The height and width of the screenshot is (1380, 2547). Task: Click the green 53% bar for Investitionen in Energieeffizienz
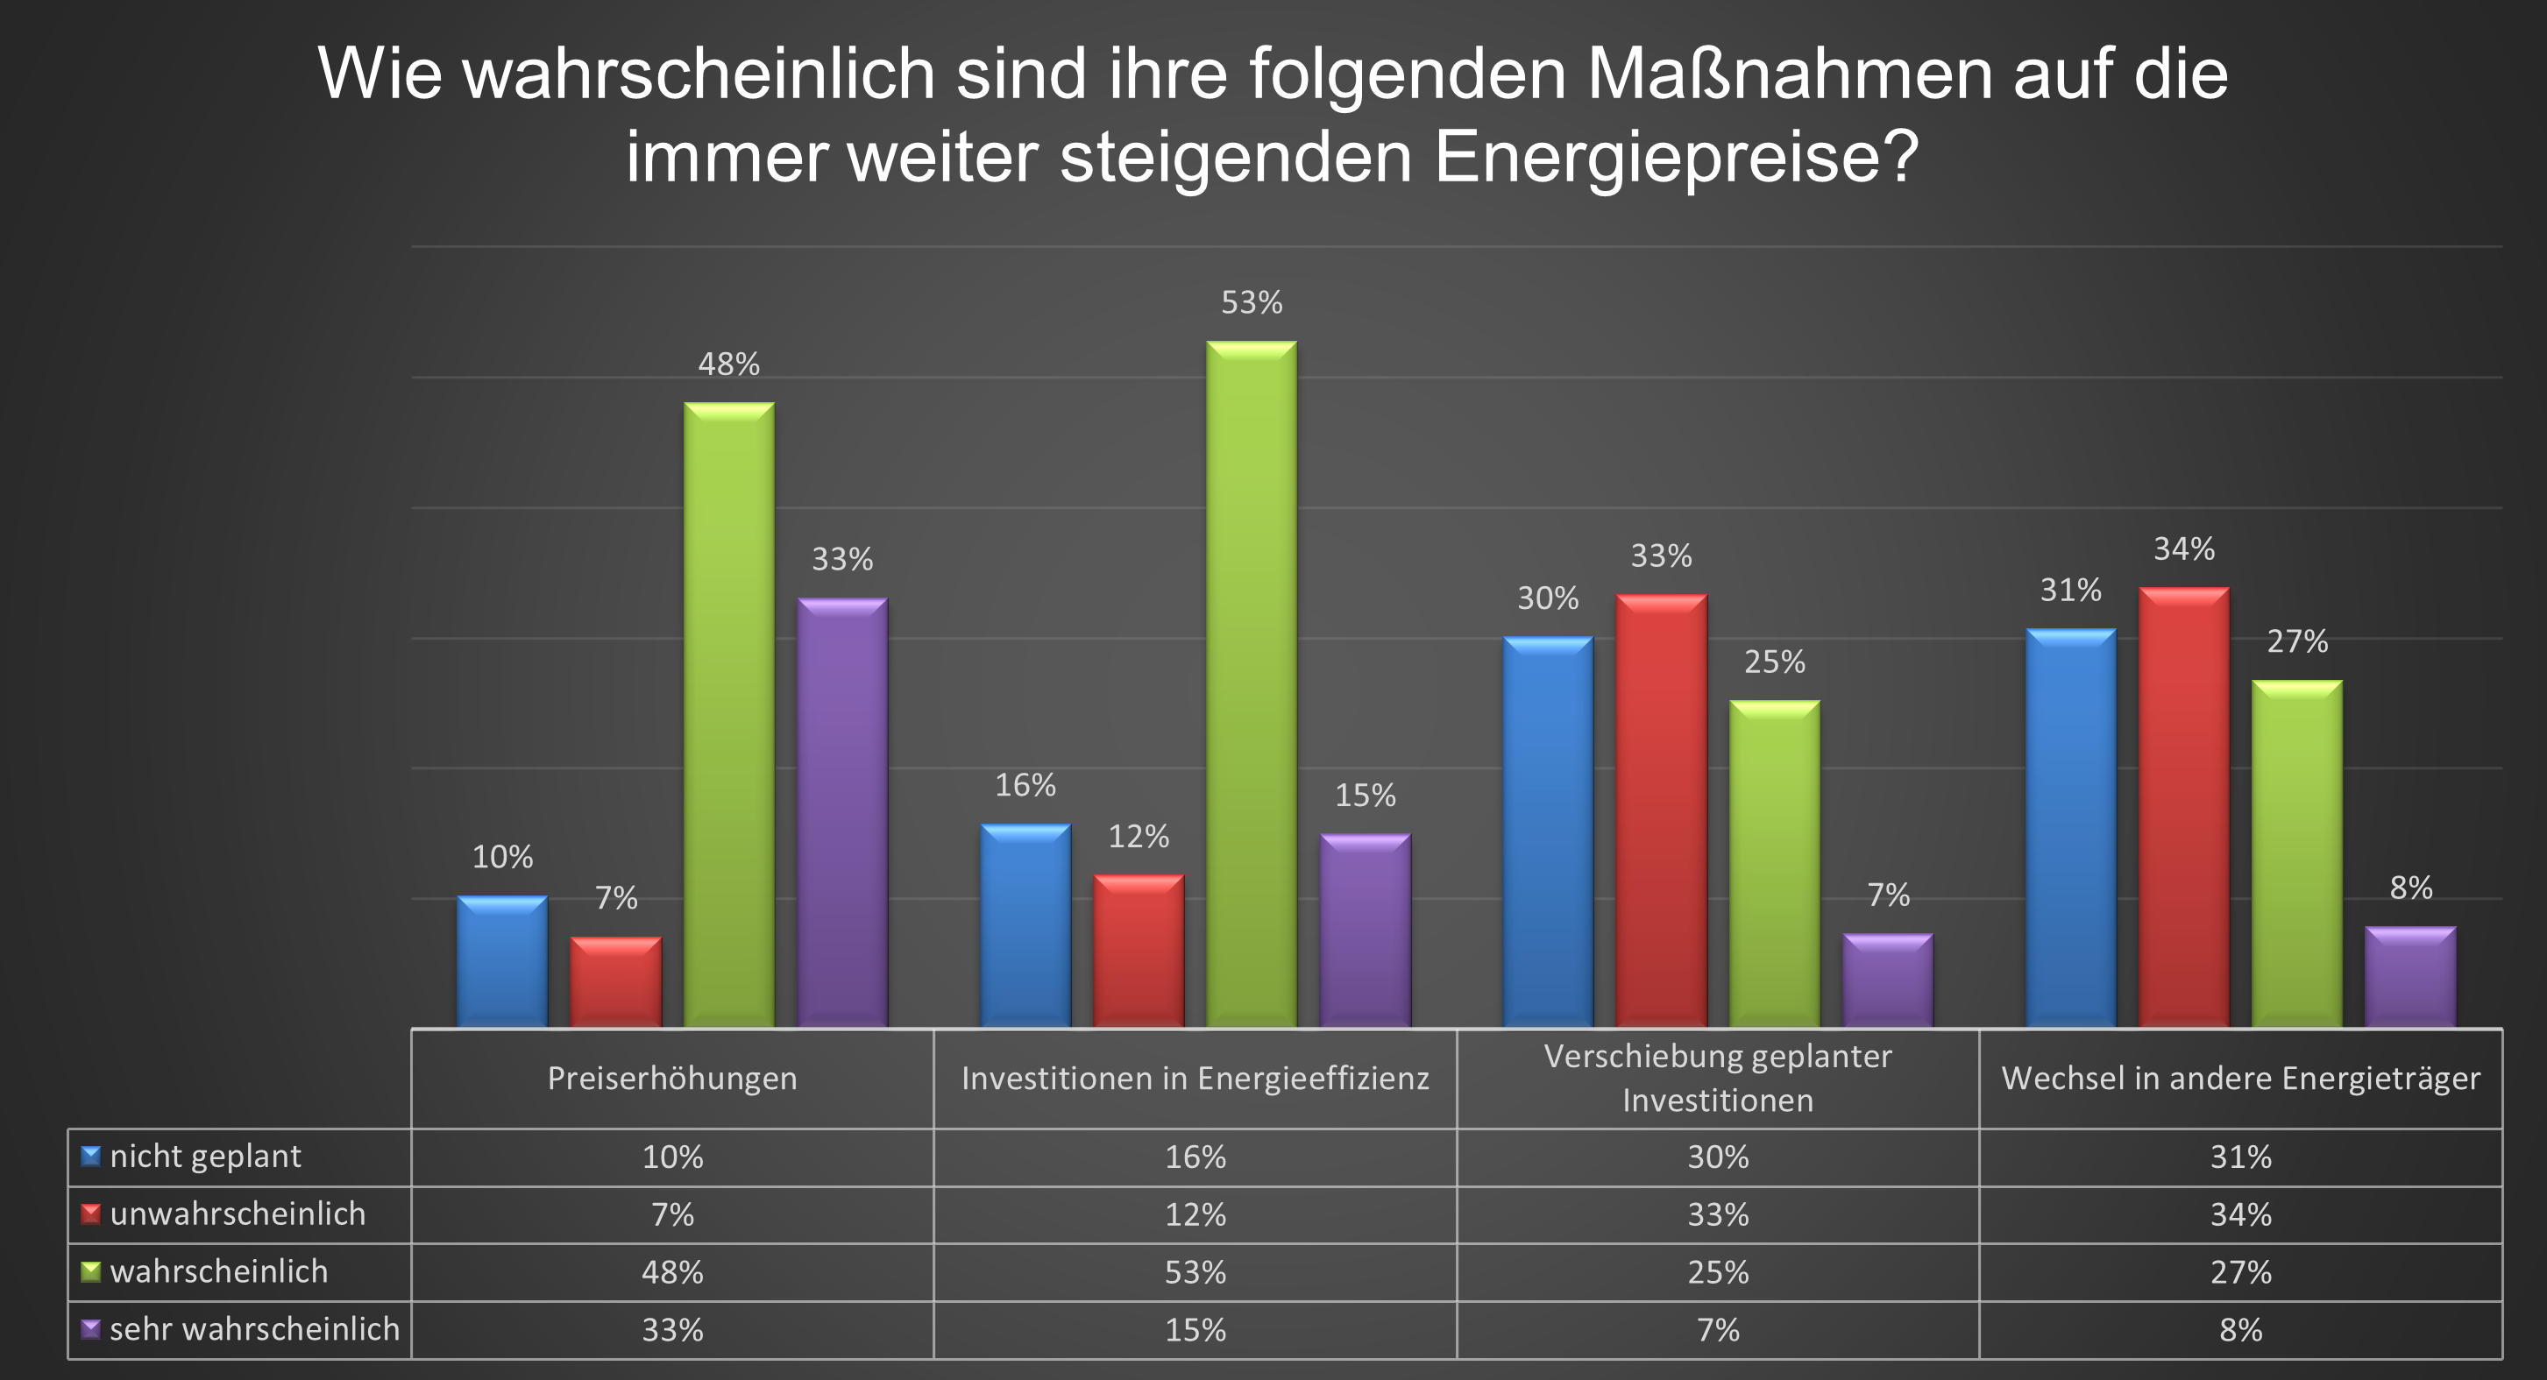pyautogui.click(x=1251, y=682)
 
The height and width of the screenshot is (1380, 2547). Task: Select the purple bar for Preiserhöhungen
pyautogui.click(x=842, y=810)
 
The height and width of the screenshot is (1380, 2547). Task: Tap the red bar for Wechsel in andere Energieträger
pyautogui.click(x=2183, y=806)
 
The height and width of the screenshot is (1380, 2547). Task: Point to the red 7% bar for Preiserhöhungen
pyautogui.click(x=615, y=980)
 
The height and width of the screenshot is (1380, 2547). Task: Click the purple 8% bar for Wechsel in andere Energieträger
pyautogui.click(x=2409, y=976)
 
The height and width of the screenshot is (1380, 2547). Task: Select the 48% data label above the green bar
pyautogui.click(x=728, y=364)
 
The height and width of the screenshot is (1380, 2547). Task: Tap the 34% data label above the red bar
pyautogui.click(x=2184, y=548)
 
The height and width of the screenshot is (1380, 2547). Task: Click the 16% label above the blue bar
pyautogui.click(x=1025, y=785)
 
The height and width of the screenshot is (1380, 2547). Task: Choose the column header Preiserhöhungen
pyautogui.click(x=672, y=1079)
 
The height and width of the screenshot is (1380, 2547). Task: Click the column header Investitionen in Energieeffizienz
pyautogui.click(x=1195, y=1079)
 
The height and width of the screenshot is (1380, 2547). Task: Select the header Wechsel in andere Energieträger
pyautogui.click(x=2240, y=1079)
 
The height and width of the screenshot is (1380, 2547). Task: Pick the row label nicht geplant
pyautogui.click(x=206, y=1157)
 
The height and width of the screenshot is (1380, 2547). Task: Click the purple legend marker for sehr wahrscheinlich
pyautogui.click(x=91, y=1328)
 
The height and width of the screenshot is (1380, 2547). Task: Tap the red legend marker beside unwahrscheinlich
pyautogui.click(x=91, y=1214)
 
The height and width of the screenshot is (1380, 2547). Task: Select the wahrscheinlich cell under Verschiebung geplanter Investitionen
pyautogui.click(x=1718, y=1272)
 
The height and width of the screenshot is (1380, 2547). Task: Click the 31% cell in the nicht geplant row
pyautogui.click(x=2240, y=1157)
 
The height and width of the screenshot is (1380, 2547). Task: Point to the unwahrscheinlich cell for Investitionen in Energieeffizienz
pyautogui.click(x=1195, y=1214)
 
